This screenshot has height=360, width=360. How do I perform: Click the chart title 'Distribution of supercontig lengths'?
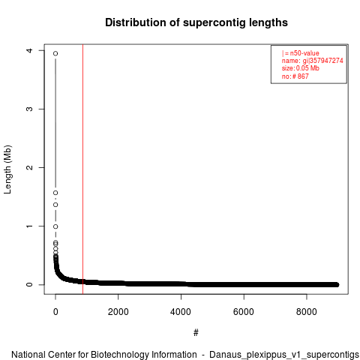[x=196, y=22]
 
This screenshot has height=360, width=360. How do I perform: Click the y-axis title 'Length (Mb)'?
[x=7, y=169]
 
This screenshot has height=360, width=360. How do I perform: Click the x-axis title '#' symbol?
[x=196, y=332]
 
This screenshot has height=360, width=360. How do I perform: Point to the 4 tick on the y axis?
[x=29, y=50]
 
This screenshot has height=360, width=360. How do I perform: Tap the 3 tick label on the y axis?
[x=29, y=109]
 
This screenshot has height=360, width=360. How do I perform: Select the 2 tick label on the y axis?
[x=29, y=167]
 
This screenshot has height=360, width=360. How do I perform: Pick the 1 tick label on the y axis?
[x=29, y=226]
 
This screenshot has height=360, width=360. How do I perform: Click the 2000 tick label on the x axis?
[x=118, y=312]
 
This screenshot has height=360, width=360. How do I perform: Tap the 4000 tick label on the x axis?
[x=181, y=312]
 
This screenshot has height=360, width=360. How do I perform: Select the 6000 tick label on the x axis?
[x=244, y=312]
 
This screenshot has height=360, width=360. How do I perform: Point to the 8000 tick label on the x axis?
[x=307, y=312]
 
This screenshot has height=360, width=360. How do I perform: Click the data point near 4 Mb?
[x=55, y=53]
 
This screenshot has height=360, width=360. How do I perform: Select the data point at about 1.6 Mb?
[x=55, y=193]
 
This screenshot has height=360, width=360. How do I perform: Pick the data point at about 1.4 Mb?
[x=55, y=205]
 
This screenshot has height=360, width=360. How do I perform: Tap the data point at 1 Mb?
[x=55, y=226]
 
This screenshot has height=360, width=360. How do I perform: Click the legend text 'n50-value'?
[x=304, y=53]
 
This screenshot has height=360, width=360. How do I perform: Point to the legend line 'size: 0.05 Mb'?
[x=301, y=68]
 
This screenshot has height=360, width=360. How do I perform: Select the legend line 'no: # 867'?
[x=295, y=76]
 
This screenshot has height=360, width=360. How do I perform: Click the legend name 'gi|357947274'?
[x=323, y=61]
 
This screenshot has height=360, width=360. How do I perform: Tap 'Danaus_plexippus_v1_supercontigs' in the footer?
[x=284, y=355]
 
